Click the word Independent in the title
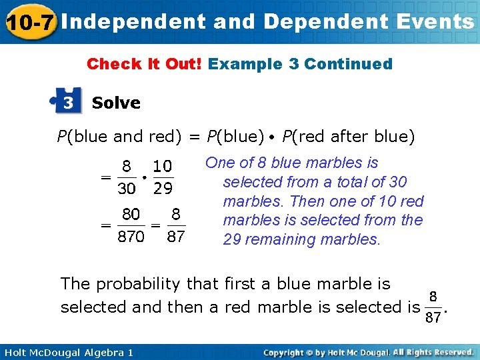point(134,22)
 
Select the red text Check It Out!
point(145,65)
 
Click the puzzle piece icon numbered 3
point(67,102)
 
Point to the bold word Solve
point(116,103)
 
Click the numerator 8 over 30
point(127,165)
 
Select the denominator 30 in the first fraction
point(127,189)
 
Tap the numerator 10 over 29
point(163,165)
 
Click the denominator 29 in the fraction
point(163,189)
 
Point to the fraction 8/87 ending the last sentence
point(433,307)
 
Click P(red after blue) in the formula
point(348,137)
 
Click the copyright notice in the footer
point(368,351)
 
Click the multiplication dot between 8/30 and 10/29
point(145,177)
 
